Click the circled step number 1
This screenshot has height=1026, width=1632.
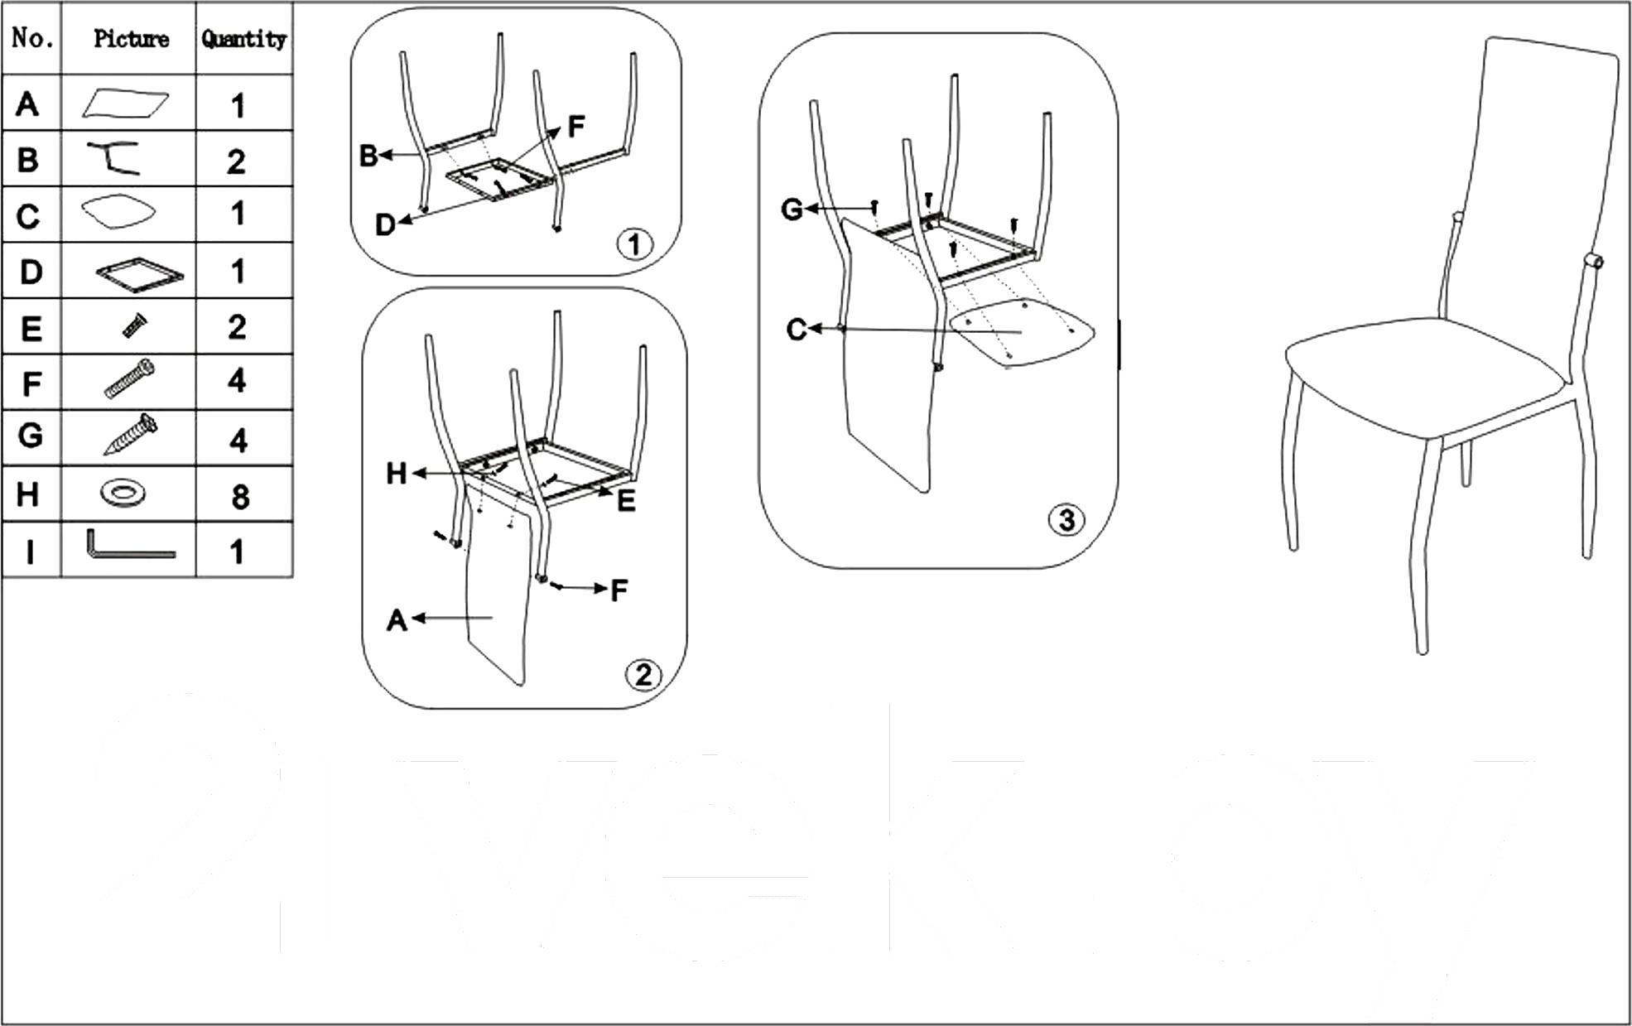(635, 244)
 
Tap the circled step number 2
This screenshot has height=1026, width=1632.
(643, 675)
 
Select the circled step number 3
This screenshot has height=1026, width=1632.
(1066, 520)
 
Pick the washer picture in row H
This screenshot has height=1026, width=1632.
(123, 494)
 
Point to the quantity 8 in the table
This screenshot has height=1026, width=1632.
(240, 497)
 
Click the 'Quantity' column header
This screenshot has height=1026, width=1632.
(243, 39)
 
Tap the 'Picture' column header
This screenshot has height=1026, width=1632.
(131, 39)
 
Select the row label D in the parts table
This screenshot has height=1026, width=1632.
(31, 272)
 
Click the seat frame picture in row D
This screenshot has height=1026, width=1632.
(139, 275)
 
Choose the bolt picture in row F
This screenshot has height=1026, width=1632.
(130, 379)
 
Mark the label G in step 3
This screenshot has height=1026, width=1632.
(792, 210)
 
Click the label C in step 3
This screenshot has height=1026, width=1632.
(796, 330)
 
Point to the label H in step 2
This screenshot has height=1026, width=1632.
(397, 474)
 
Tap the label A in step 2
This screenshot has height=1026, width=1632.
(397, 619)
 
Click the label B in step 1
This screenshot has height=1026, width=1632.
(368, 155)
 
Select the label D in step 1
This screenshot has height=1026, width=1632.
(385, 224)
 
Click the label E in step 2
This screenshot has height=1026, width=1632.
(626, 500)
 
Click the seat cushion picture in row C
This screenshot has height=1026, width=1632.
(118, 212)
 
